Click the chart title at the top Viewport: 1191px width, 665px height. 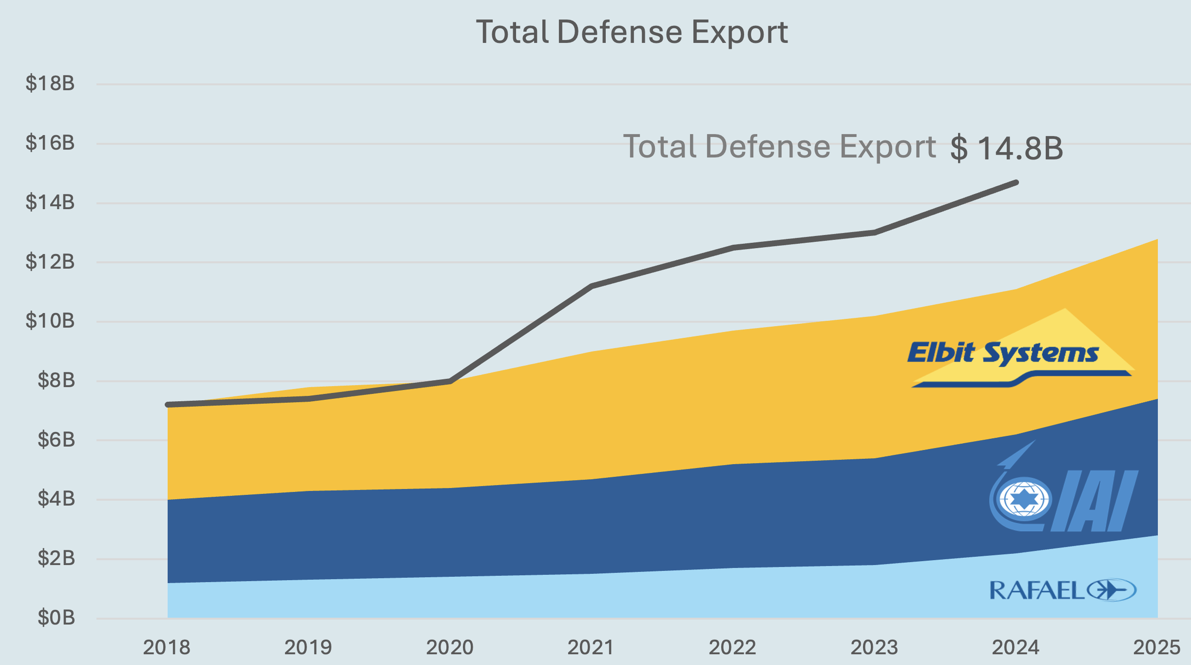point(632,32)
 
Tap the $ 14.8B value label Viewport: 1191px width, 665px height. point(1006,148)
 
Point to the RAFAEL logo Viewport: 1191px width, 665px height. point(1062,590)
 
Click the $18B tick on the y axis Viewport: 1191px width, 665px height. point(50,83)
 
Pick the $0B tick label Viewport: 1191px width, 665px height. point(57,618)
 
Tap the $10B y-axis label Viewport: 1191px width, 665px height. point(50,321)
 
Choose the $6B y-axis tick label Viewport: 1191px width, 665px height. point(57,440)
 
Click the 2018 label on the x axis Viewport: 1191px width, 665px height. point(167,647)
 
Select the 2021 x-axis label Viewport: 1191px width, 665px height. point(591,647)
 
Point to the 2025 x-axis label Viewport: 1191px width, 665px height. point(1156,647)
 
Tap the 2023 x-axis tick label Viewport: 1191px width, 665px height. point(874,647)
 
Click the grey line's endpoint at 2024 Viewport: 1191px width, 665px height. point(1016,182)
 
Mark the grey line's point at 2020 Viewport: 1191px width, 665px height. point(450,381)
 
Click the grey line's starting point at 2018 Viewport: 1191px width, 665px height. point(168,405)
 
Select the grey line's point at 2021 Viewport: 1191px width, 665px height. point(591,286)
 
